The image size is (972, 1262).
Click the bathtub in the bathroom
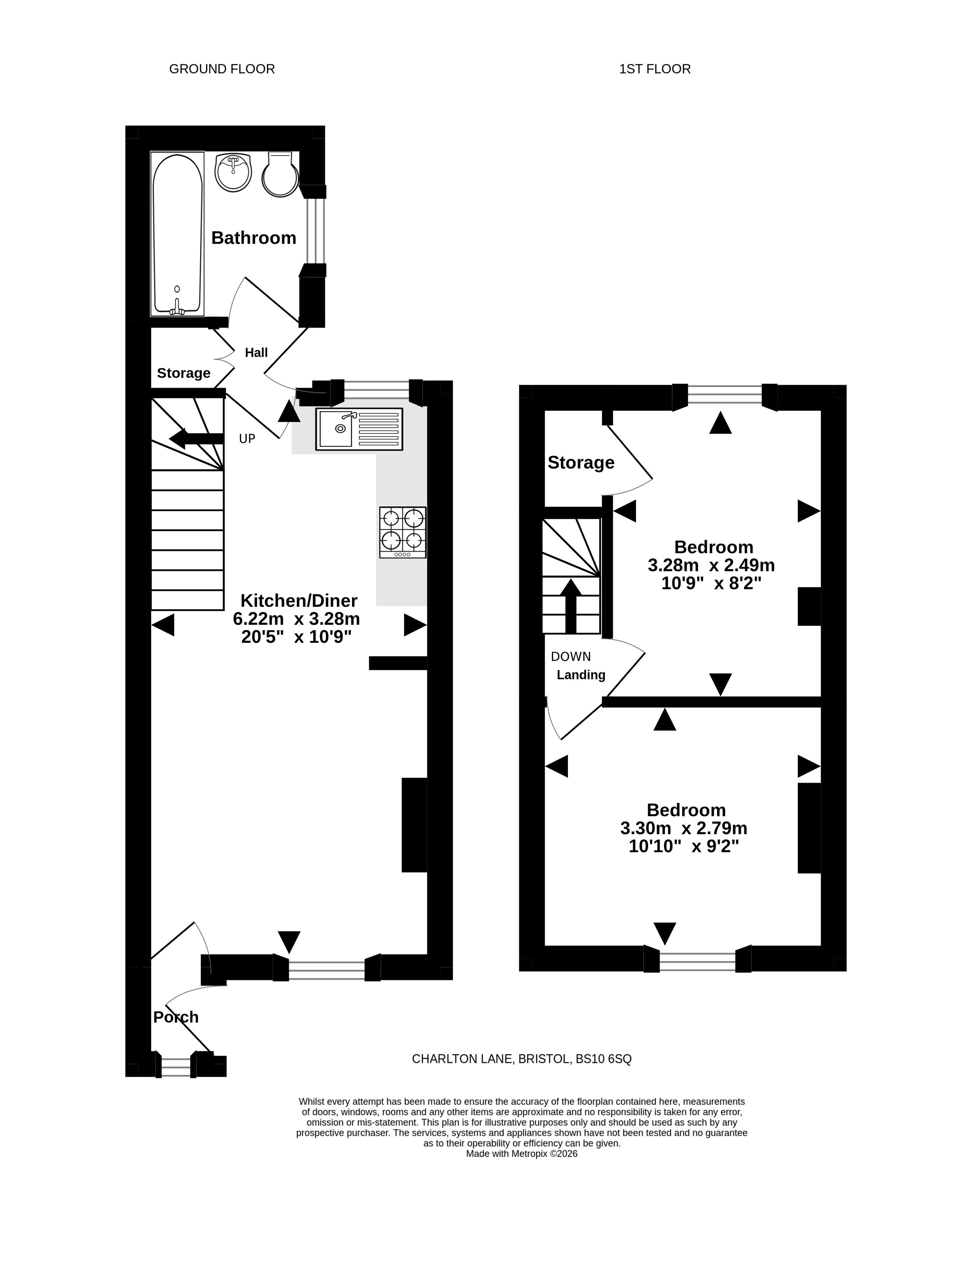point(177,234)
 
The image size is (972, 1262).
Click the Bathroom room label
point(254,238)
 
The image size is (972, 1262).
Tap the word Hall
point(256,353)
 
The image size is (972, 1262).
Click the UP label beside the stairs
point(247,439)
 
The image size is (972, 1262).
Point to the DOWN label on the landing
point(571,656)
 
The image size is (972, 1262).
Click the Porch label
point(176,1017)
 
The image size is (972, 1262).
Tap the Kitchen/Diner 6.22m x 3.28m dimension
point(296,619)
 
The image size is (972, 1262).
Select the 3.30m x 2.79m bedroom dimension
point(684,828)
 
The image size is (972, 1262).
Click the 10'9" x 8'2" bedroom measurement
point(712,583)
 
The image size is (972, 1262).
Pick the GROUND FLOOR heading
point(222,69)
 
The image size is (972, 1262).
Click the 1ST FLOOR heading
point(655,69)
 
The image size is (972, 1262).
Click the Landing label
point(581,675)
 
